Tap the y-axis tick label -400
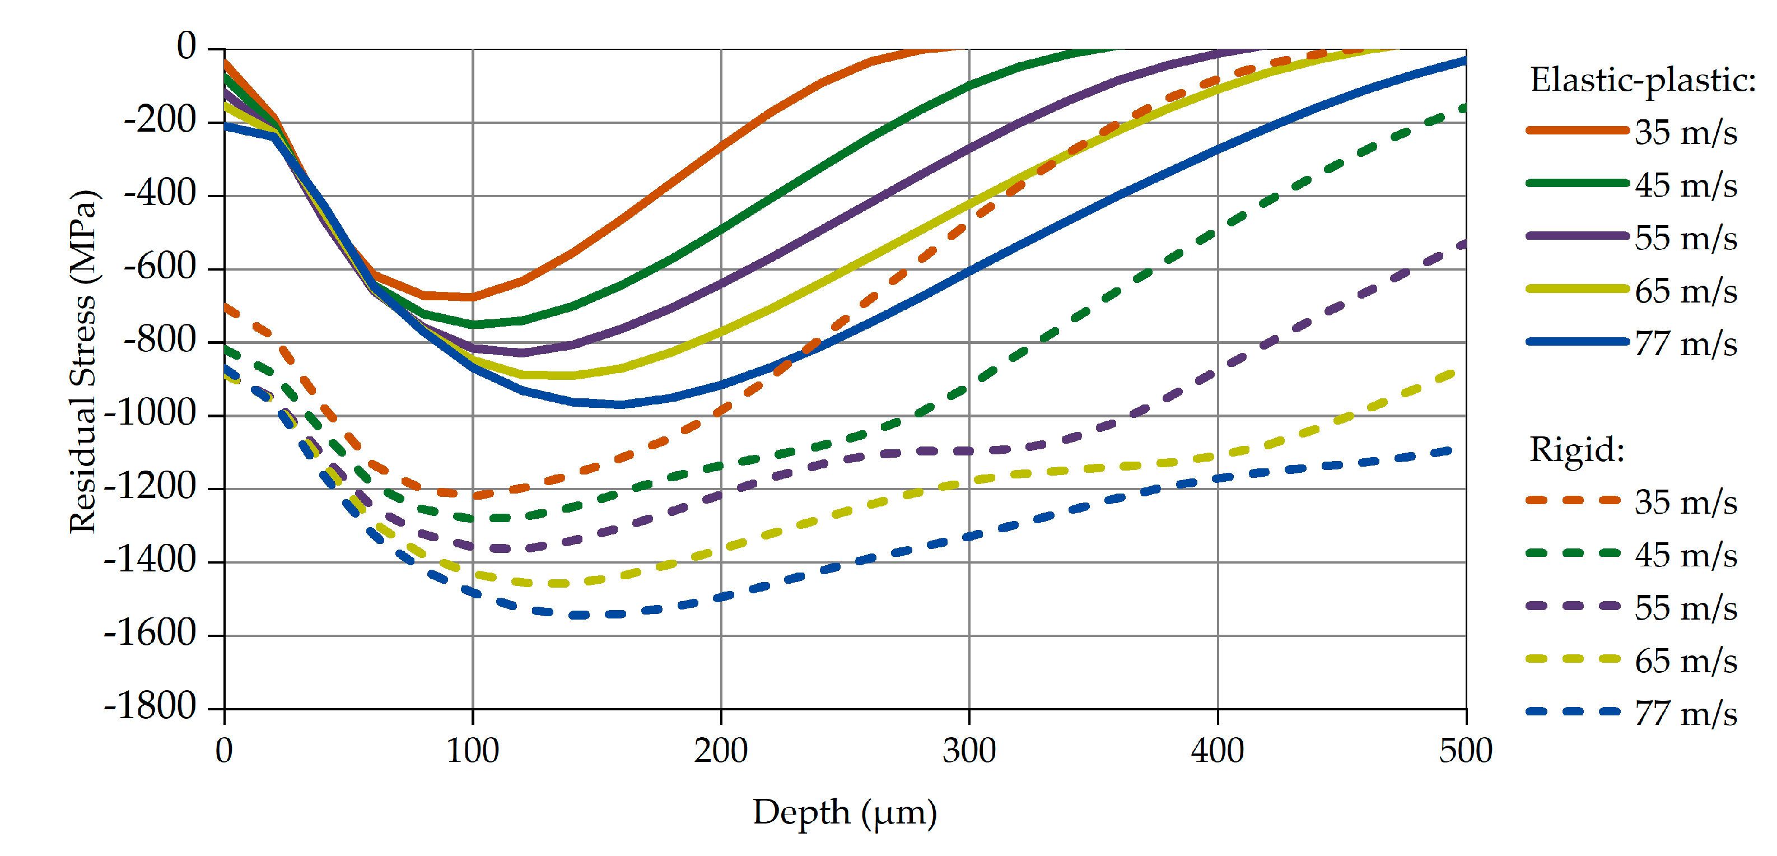160,194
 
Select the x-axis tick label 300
969,751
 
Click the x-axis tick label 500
1465,751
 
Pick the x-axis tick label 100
473,751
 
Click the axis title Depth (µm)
845,812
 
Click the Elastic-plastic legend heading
1643,81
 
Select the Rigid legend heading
1577,450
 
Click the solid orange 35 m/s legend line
1577,131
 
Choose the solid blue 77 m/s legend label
1685,343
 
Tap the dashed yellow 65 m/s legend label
1685,662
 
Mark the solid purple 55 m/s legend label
1685,238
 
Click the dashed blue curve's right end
1452,450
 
